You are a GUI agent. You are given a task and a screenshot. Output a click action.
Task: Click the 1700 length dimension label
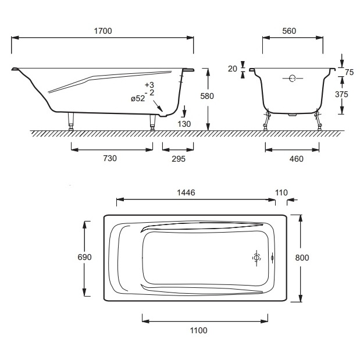tap(103, 31)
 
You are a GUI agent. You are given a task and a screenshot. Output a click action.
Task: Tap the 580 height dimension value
tap(207, 96)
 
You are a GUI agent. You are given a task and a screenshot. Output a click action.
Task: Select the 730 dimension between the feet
tap(110, 158)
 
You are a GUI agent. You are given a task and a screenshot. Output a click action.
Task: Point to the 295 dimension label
tap(179, 159)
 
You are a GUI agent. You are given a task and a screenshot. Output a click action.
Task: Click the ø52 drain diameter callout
tap(138, 98)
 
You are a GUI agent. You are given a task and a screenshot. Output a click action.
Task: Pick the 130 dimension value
tap(184, 124)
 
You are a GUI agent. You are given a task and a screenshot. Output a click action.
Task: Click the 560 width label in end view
tap(289, 31)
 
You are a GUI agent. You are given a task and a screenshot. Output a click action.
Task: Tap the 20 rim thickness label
tap(233, 69)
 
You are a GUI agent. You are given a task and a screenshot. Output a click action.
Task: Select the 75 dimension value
tap(349, 72)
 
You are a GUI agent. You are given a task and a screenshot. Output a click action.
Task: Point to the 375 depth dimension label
tap(341, 94)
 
